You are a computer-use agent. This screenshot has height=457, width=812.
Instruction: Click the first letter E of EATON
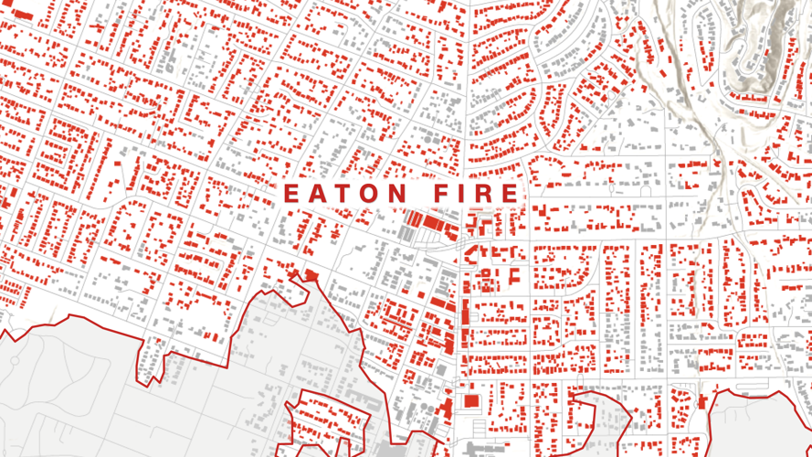pos(292,194)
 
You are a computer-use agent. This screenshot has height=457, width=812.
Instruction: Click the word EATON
pos(345,194)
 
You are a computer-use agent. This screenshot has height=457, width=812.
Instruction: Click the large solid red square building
pos(471,400)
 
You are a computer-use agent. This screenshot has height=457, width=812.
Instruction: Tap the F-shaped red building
pos(514,274)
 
